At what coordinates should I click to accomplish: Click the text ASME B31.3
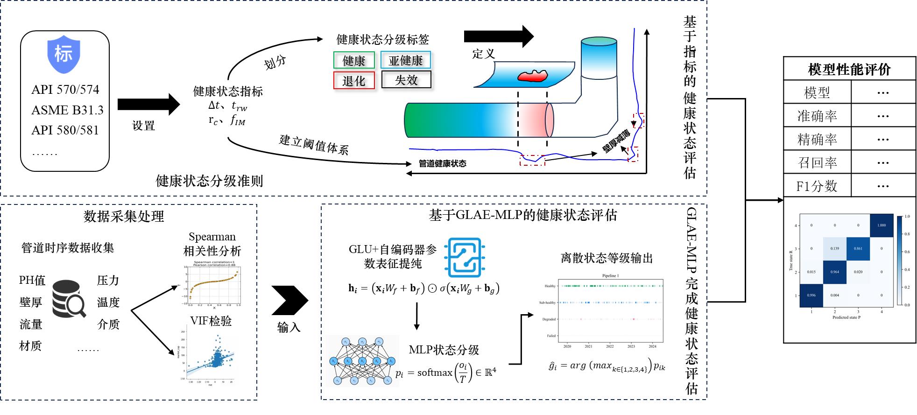[x=67, y=110]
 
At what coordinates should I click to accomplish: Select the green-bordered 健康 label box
[x=354, y=61]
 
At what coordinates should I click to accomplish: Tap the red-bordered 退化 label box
[x=354, y=81]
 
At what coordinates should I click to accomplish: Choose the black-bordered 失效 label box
[x=406, y=80]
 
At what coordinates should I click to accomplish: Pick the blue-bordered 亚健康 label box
[x=406, y=61]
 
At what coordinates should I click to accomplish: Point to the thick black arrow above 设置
[x=148, y=104]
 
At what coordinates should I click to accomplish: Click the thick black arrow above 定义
[x=498, y=36]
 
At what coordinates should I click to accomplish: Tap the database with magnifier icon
[x=69, y=299]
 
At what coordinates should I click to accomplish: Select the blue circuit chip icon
[x=465, y=257]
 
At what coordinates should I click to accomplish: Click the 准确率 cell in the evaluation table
[x=817, y=116]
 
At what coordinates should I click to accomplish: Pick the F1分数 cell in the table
[x=817, y=186]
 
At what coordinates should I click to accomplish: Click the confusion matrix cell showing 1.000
[x=881, y=225]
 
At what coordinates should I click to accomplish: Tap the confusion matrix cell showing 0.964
[x=835, y=272]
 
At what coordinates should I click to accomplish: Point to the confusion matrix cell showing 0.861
[x=858, y=249]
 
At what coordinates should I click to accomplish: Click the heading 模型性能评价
[x=849, y=70]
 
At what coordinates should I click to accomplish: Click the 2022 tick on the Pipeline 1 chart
[x=610, y=346]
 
